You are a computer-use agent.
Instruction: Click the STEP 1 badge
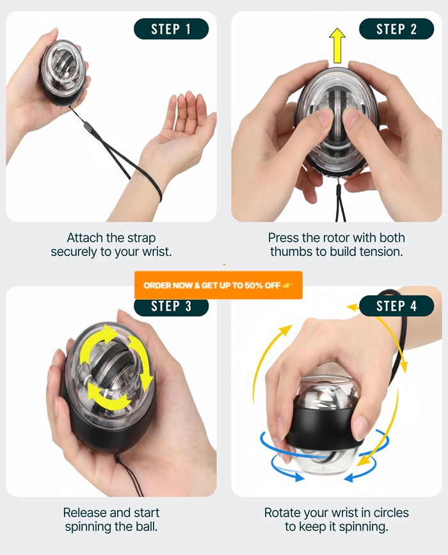point(171,29)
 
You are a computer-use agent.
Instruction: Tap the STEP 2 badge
point(396,29)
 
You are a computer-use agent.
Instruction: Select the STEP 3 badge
point(171,306)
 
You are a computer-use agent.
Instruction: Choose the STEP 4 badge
point(396,306)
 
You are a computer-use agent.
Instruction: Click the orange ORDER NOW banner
point(218,286)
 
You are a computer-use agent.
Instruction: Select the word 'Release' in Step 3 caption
point(85,513)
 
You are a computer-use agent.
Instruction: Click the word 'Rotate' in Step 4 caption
point(284,513)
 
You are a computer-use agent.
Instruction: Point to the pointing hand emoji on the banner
point(288,286)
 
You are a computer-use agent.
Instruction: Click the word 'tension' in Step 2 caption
point(381,252)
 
